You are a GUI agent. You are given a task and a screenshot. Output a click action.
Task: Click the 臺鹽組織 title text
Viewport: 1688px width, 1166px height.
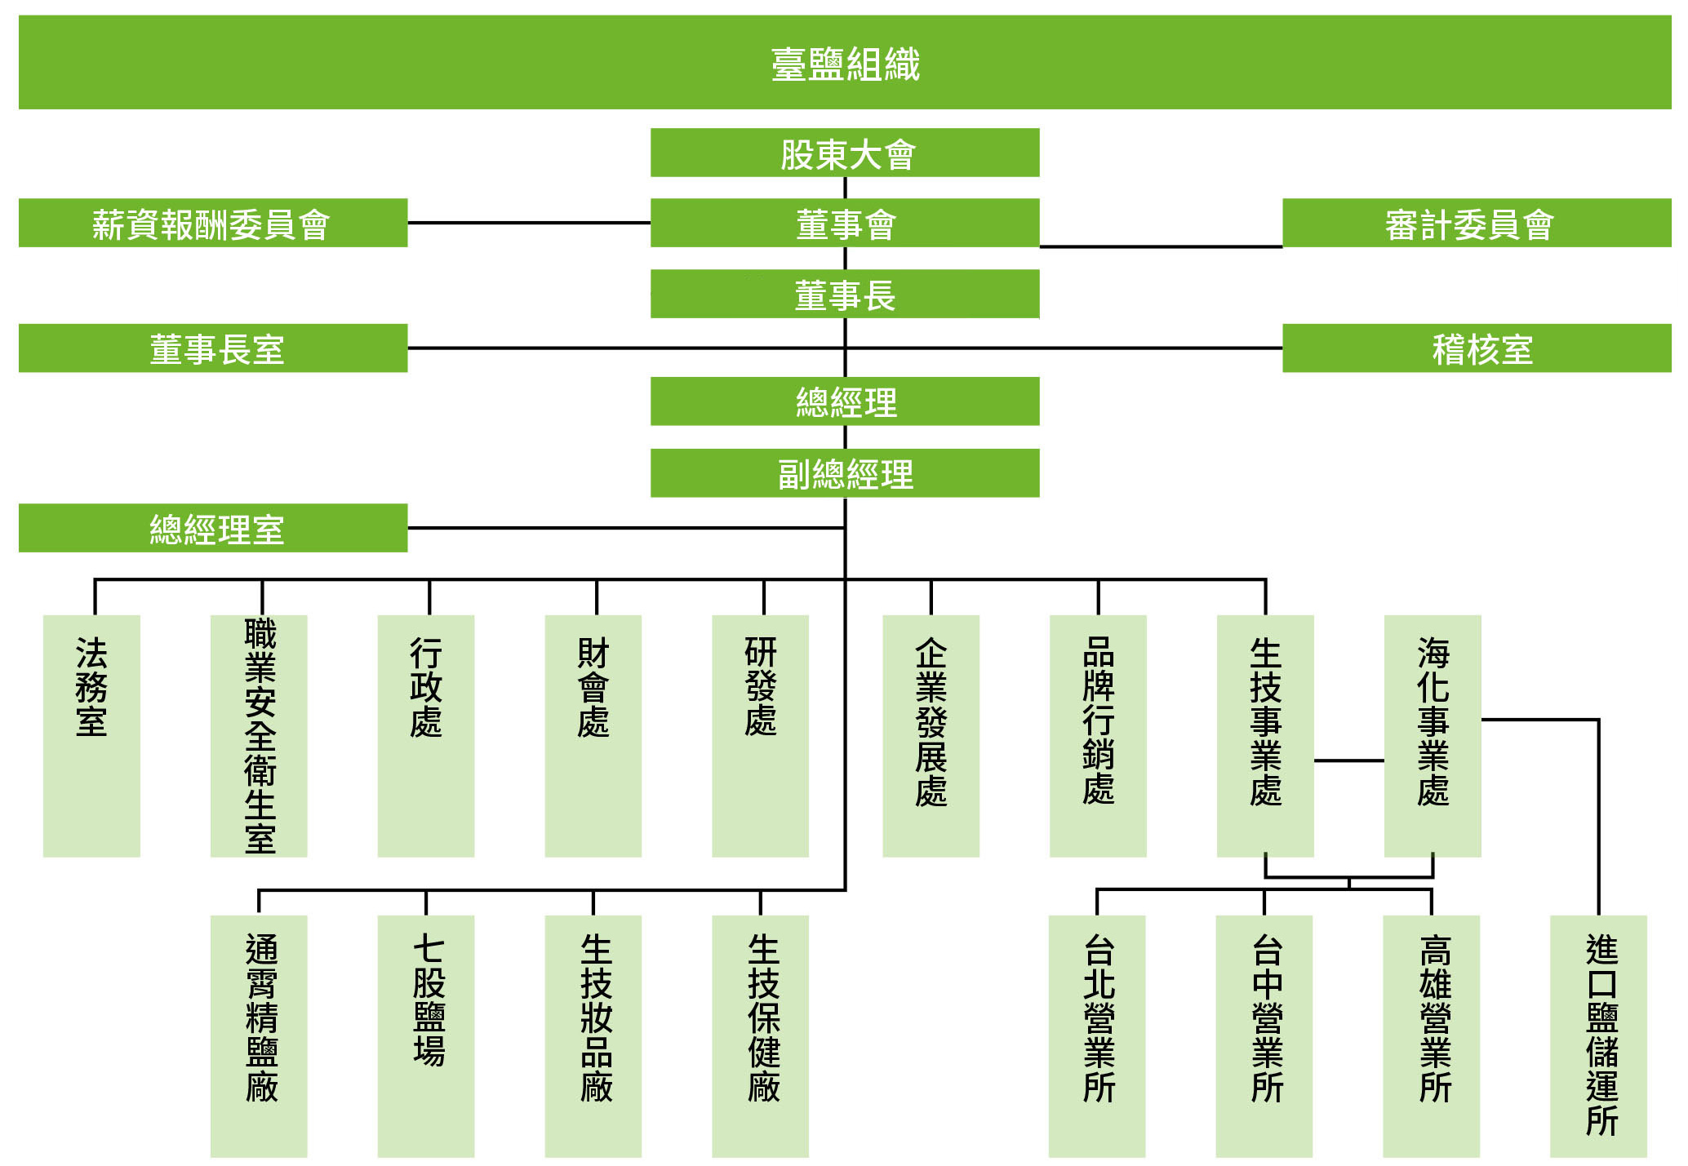coord(845,64)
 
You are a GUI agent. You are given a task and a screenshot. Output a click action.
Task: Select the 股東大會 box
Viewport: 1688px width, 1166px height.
coord(845,153)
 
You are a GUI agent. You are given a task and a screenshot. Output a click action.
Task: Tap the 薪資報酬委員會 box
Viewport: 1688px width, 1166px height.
coord(213,223)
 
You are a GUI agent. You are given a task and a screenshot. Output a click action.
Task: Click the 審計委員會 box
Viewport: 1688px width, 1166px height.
coord(1477,223)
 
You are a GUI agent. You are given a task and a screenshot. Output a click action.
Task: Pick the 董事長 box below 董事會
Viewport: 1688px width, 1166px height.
coord(845,294)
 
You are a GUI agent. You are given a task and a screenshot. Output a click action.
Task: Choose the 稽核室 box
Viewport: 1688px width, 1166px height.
coord(1477,348)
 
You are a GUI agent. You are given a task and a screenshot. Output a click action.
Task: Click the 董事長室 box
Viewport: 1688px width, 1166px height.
coord(213,348)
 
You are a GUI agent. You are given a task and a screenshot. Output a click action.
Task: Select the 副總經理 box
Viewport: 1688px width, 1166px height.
coord(845,473)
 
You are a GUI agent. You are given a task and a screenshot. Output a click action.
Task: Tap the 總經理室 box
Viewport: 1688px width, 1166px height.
coord(213,528)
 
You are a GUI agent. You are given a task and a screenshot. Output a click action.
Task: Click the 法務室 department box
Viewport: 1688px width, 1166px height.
coord(91,736)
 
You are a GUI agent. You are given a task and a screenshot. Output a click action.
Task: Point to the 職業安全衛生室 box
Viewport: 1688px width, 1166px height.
coord(259,736)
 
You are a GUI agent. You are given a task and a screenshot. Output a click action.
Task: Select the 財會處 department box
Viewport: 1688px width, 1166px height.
coord(593,736)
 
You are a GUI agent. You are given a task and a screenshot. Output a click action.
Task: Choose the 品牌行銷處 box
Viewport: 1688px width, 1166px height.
coord(1098,736)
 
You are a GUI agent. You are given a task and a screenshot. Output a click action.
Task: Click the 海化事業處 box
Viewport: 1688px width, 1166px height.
coord(1433,736)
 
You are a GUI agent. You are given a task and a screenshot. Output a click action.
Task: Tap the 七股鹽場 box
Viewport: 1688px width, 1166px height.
coord(426,1036)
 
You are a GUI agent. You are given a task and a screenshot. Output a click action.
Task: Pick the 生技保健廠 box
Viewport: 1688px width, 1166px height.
coord(761,1036)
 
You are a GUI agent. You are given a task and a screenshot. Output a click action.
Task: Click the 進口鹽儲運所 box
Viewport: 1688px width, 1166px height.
coord(1599,1036)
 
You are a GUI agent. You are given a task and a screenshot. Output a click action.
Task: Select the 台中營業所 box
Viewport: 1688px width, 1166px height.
coord(1264,1036)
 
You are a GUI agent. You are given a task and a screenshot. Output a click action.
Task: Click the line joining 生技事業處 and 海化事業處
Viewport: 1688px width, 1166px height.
coord(1349,760)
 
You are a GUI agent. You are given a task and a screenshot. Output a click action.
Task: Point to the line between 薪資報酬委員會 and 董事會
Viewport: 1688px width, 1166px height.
coord(529,223)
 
